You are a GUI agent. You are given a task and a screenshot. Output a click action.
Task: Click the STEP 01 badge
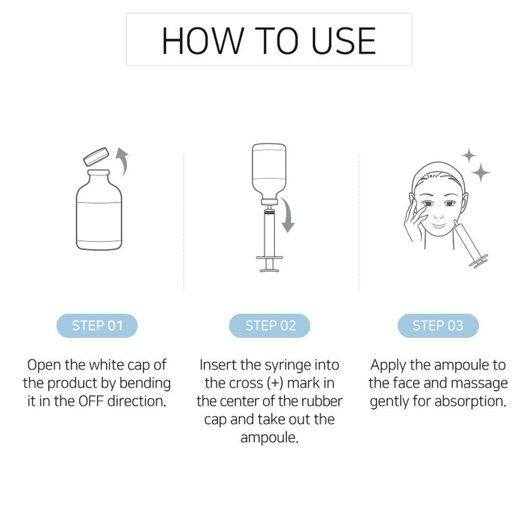[97, 326]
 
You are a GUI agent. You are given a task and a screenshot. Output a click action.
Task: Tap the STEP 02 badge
[270, 326]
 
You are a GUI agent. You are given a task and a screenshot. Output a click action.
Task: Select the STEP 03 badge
[438, 326]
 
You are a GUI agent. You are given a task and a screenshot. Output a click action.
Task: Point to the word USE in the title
[344, 41]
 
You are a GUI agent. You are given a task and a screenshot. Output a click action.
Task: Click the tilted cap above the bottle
[96, 157]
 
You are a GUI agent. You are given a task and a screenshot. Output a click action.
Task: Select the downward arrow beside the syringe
[288, 215]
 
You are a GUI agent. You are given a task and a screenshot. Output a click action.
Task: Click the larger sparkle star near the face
[481, 172]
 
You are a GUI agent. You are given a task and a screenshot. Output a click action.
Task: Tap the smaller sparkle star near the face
[469, 156]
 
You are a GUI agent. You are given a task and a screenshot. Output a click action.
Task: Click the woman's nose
[438, 213]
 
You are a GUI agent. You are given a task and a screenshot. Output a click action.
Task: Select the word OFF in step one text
[91, 401]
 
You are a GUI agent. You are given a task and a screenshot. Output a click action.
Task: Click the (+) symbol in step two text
[275, 384]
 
